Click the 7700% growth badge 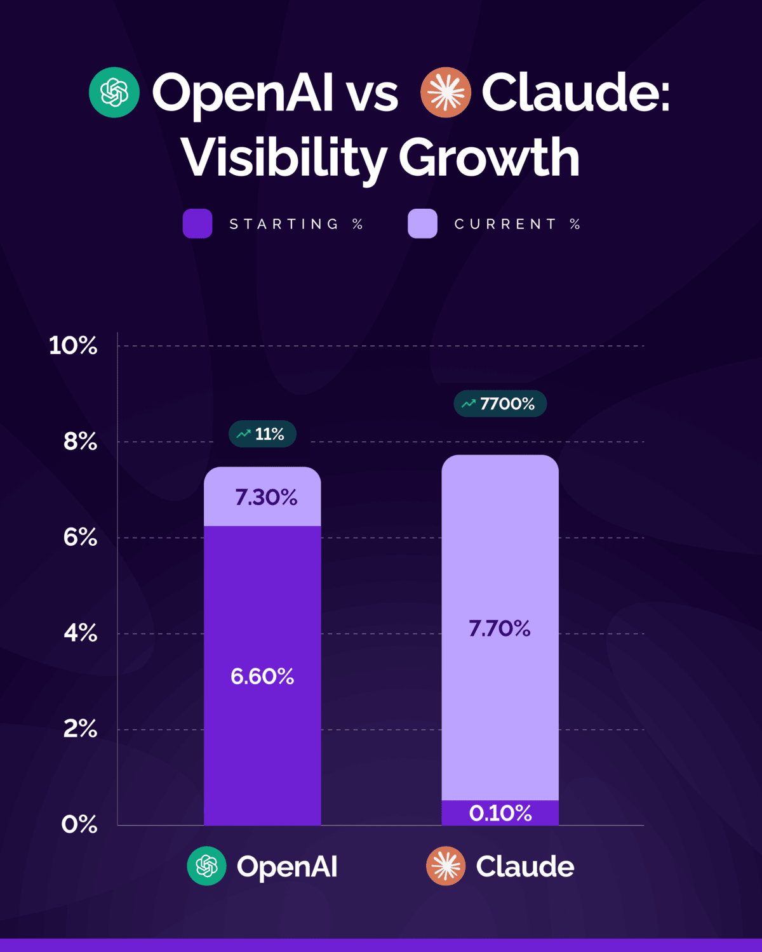click(x=500, y=404)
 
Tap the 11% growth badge click(x=262, y=434)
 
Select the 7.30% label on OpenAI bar click(x=266, y=497)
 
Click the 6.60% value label click(x=262, y=677)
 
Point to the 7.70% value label click(x=500, y=628)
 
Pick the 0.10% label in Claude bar click(x=500, y=813)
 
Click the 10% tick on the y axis click(x=73, y=346)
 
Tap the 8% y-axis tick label click(x=80, y=442)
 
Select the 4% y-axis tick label click(x=80, y=633)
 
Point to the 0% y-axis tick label click(x=79, y=824)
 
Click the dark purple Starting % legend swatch click(x=197, y=223)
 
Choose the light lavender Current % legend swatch click(x=422, y=223)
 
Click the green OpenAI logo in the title click(x=114, y=93)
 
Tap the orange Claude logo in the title click(x=446, y=93)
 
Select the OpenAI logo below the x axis click(x=207, y=866)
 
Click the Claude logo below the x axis click(x=446, y=866)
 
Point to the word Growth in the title click(x=489, y=157)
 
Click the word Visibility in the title click(x=284, y=157)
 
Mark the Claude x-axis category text click(x=525, y=866)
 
